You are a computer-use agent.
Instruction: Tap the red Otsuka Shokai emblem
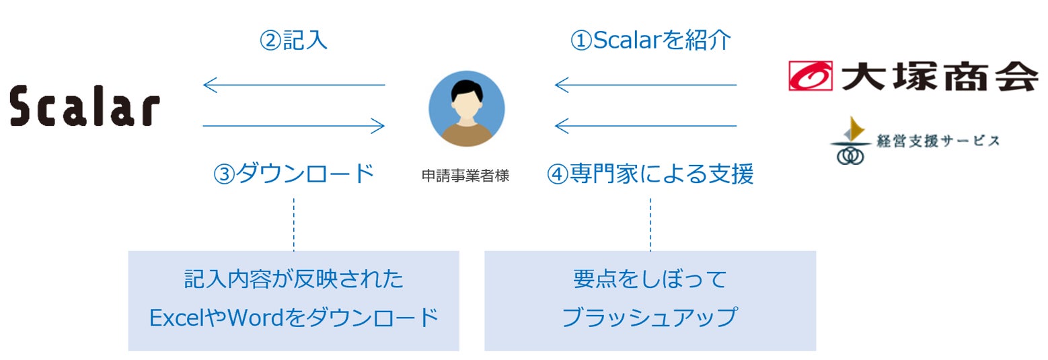click(810, 75)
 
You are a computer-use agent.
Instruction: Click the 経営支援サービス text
click(937, 141)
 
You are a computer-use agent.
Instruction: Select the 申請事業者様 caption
click(465, 176)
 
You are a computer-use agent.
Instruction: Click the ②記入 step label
click(293, 40)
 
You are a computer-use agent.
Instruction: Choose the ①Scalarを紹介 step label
click(650, 40)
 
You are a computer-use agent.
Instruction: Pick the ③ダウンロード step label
click(293, 174)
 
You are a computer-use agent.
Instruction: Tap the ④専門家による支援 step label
click(650, 174)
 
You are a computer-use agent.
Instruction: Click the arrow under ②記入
click(294, 85)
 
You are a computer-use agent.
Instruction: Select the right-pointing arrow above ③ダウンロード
click(294, 125)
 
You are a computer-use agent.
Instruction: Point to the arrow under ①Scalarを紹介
click(646, 85)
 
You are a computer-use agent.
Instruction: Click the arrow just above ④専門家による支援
click(646, 125)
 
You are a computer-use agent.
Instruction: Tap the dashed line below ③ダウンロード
click(294, 224)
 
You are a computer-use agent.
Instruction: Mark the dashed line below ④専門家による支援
click(650, 224)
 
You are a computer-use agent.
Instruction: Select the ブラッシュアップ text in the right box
click(650, 317)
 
